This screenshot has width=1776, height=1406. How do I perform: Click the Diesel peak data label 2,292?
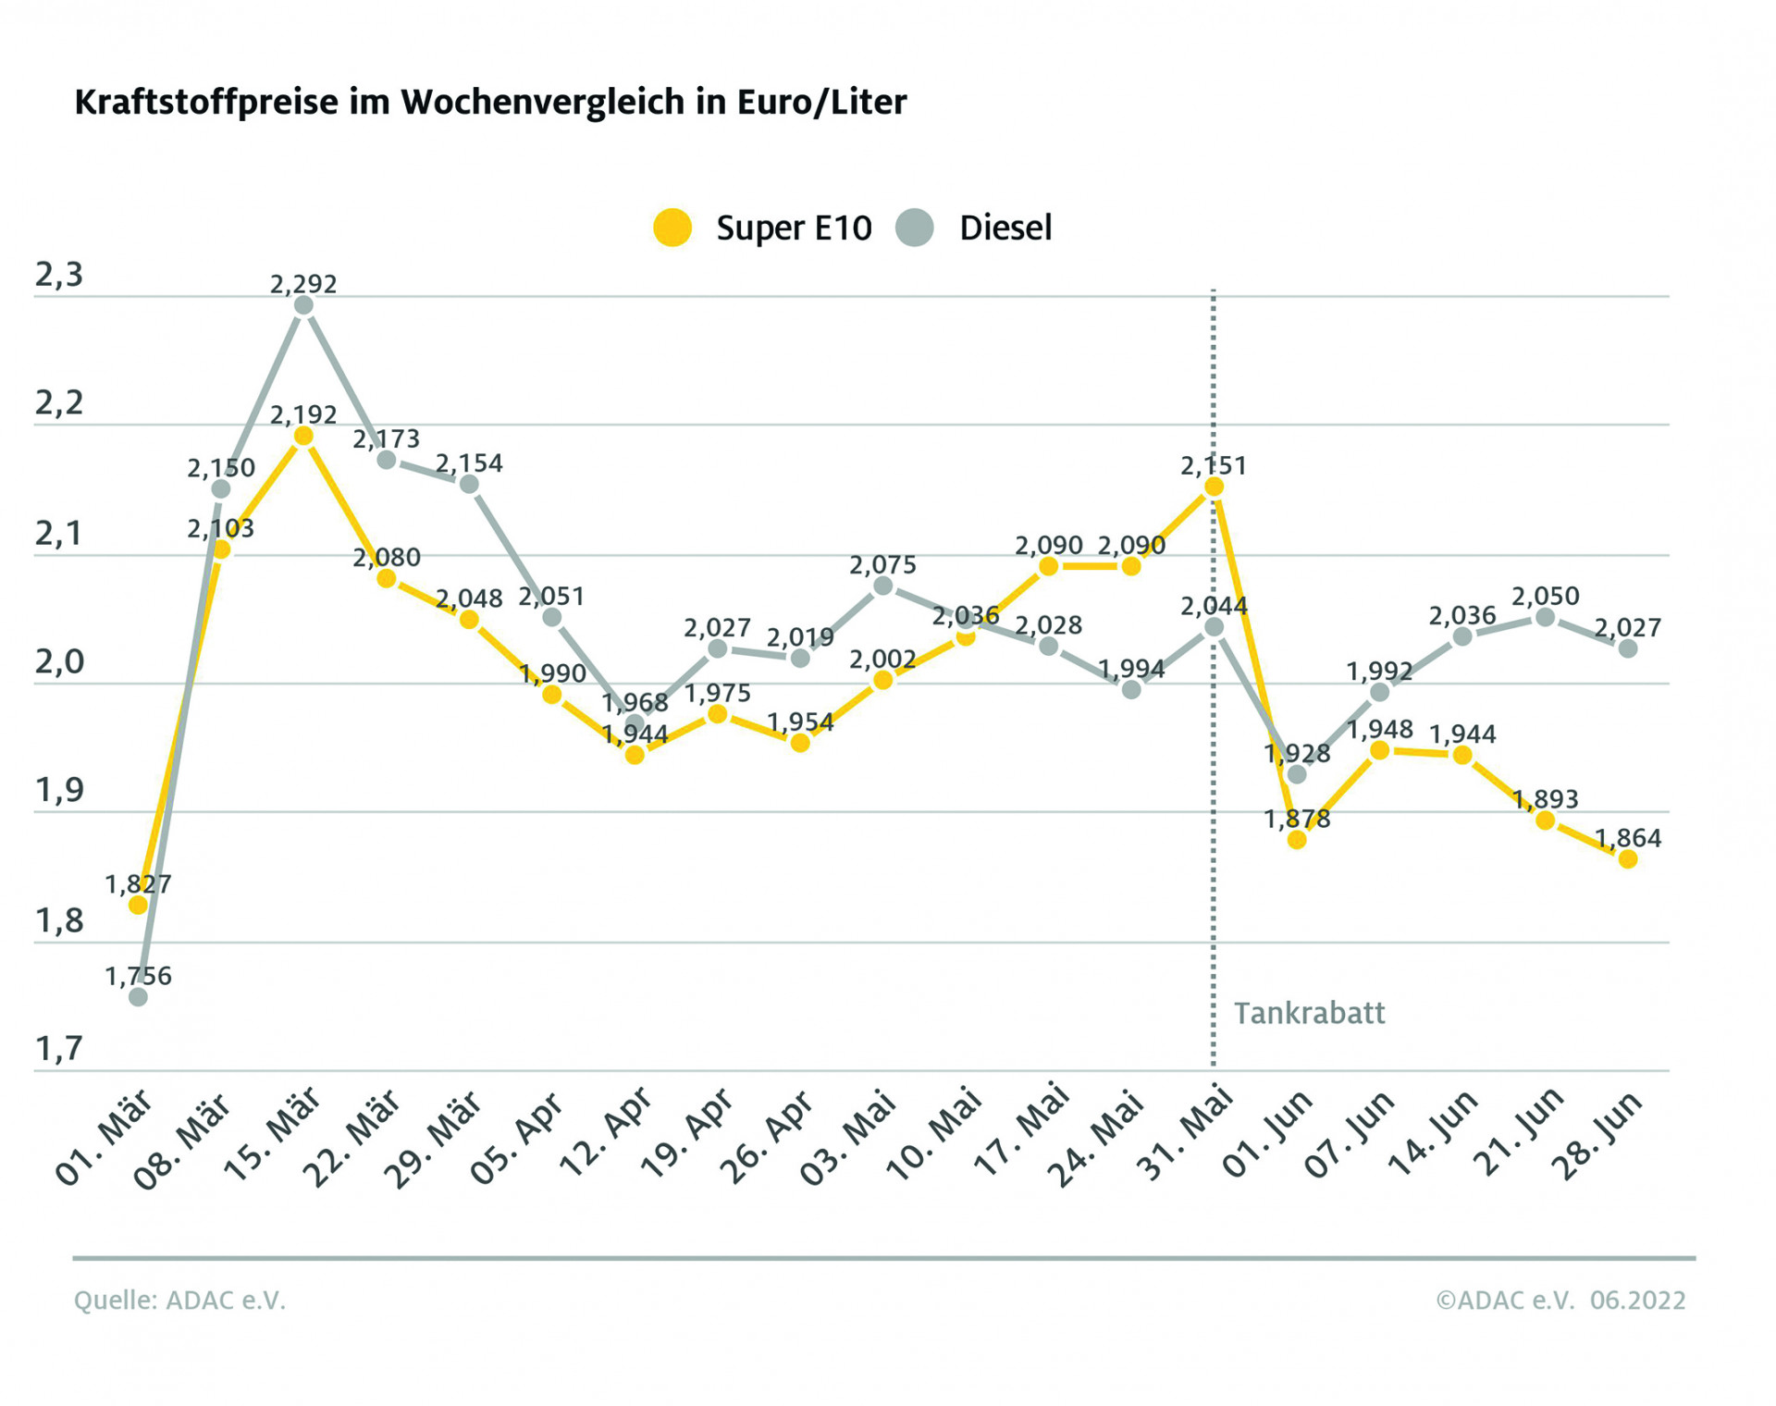tap(303, 284)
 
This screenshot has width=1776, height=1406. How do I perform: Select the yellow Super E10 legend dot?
tap(672, 228)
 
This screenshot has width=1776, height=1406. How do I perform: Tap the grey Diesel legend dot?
tap(915, 228)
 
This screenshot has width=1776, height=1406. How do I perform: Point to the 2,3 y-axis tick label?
tap(59, 275)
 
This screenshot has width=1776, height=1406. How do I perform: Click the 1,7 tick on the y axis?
tap(59, 1048)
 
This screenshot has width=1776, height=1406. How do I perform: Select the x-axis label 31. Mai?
tap(1188, 1136)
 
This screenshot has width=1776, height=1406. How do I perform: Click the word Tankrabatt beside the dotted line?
tap(1309, 1013)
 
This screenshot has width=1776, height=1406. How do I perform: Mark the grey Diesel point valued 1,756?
tap(138, 996)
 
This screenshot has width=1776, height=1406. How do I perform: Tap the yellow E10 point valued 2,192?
tap(303, 436)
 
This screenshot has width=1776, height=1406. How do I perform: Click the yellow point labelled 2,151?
tap(1214, 487)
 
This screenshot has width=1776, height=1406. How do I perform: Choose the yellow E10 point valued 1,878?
tap(1297, 839)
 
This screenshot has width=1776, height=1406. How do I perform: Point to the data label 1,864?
tap(1628, 838)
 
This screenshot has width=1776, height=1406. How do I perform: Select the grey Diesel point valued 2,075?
tap(883, 586)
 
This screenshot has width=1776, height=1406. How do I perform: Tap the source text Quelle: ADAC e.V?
tap(179, 1300)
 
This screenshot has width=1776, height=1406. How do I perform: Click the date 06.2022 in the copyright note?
tap(1637, 1300)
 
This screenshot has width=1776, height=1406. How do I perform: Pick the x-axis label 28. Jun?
tap(1600, 1136)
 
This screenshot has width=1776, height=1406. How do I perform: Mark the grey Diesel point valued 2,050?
tap(1545, 617)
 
